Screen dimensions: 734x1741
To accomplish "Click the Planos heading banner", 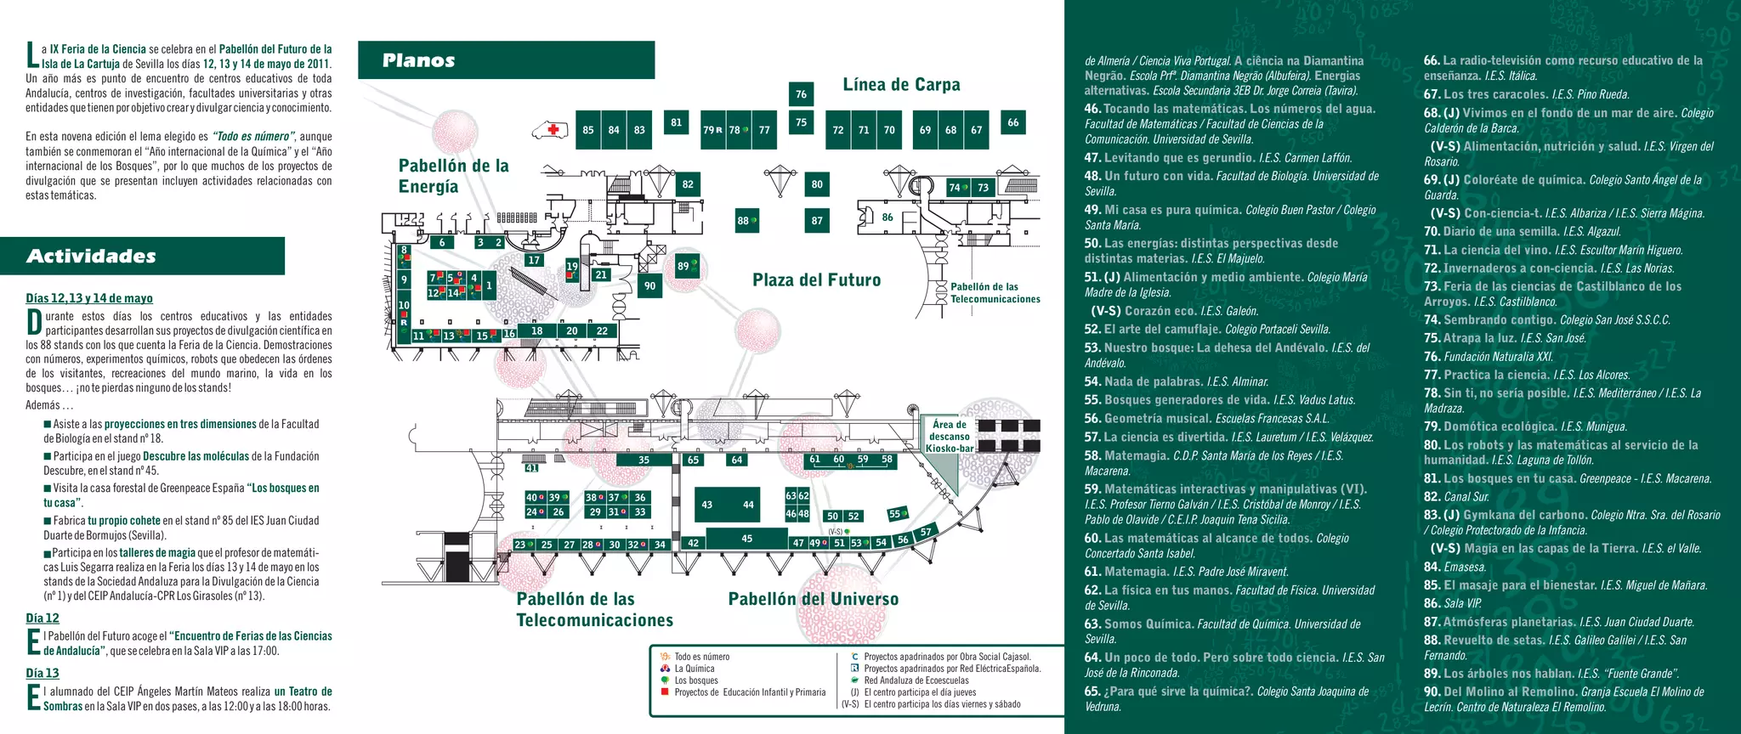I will pyautogui.click(x=506, y=60).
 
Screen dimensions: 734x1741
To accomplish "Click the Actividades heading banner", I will pyautogui.click(x=142, y=257).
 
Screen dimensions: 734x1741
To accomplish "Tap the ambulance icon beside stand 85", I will pyautogui.click(x=550, y=130).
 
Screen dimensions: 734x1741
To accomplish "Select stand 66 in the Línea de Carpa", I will pyautogui.click(x=1012, y=122).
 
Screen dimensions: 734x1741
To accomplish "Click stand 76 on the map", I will pyautogui.click(x=801, y=94).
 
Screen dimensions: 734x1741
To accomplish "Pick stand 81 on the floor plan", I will pyautogui.click(x=676, y=122).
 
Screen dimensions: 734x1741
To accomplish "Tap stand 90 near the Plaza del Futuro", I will pyautogui.click(x=650, y=286).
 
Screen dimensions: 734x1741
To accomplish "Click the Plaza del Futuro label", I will pyautogui.click(x=816, y=280).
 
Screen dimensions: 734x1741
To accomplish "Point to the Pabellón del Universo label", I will pyautogui.click(x=813, y=599).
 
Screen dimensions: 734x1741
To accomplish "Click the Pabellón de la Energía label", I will pyautogui.click(x=453, y=176).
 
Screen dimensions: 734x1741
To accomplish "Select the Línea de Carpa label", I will pyautogui.click(x=901, y=84).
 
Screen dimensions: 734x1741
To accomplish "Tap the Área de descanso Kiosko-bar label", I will pyautogui.click(x=949, y=436).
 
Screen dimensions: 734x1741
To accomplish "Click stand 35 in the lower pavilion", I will pyautogui.click(x=644, y=460).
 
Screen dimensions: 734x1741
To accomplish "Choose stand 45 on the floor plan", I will pyautogui.click(x=746, y=539).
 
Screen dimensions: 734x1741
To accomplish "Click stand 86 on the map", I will pyautogui.click(x=887, y=217).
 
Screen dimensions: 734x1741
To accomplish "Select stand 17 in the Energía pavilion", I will pyautogui.click(x=534, y=260).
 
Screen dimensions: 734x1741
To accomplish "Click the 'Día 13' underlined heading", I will pyautogui.click(x=43, y=673).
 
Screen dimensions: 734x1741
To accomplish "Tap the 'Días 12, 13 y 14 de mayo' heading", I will pyautogui.click(x=89, y=298).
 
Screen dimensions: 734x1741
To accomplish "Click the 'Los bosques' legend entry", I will pyautogui.click(x=695, y=680).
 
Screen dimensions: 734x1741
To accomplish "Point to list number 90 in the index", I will pyautogui.click(x=1432, y=692).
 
